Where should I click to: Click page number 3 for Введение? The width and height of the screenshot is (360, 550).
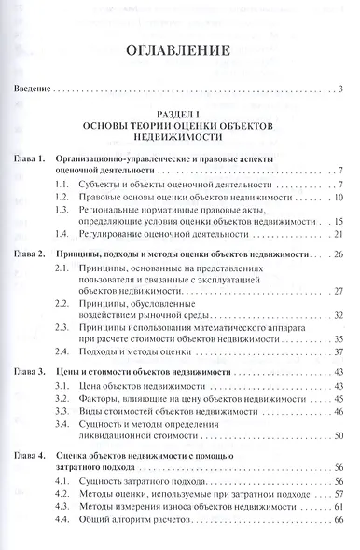tap(342, 89)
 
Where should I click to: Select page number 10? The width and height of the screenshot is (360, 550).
tap(339, 198)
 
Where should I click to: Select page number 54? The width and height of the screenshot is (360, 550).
tap(339, 436)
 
